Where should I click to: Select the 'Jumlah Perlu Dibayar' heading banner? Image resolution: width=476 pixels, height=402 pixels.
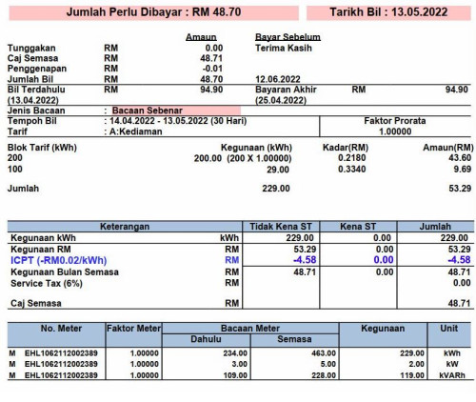click(150, 13)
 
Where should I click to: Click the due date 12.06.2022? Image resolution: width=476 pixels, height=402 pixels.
click(277, 78)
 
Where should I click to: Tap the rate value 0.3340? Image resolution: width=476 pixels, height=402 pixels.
click(355, 169)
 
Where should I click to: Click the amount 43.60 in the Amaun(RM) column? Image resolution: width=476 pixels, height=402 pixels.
click(456, 157)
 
